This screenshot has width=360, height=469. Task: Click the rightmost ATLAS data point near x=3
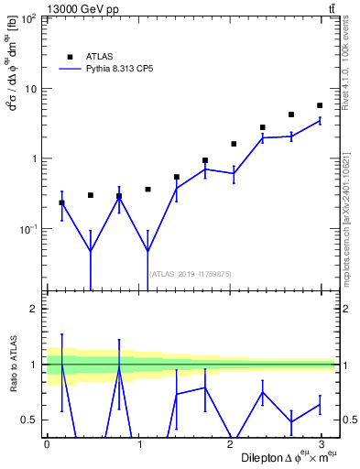(x=320, y=105)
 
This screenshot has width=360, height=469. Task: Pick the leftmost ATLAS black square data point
(x=61, y=202)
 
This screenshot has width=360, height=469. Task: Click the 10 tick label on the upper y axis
(x=31, y=89)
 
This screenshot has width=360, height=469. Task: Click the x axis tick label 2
(x=230, y=443)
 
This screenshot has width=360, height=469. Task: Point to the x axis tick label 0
(x=47, y=443)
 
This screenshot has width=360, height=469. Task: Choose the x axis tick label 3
(x=322, y=443)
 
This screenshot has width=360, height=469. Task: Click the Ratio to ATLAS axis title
(x=12, y=364)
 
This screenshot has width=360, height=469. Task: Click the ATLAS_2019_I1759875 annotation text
(x=190, y=274)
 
